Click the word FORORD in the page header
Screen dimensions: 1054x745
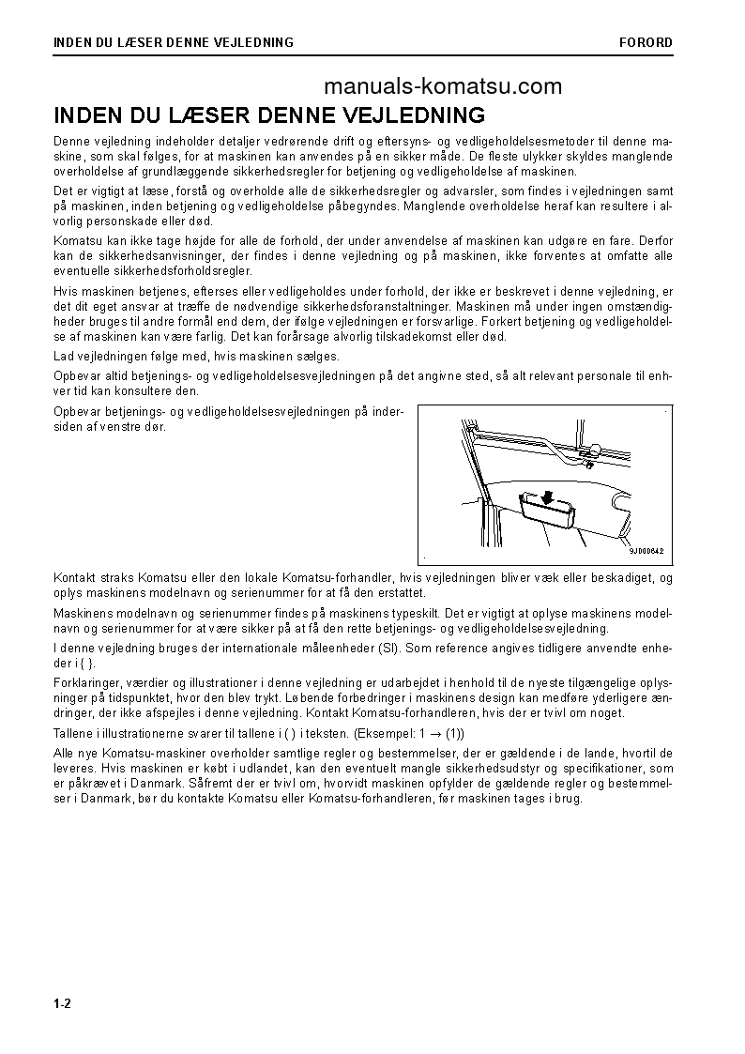click(x=646, y=42)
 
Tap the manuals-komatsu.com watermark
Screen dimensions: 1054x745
click(x=443, y=87)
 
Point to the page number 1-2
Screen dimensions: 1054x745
click(x=63, y=1004)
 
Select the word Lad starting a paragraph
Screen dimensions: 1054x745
click(x=65, y=357)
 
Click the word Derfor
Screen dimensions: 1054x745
click(x=654, y=241)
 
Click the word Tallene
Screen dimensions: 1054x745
click(x=76, y=733)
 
